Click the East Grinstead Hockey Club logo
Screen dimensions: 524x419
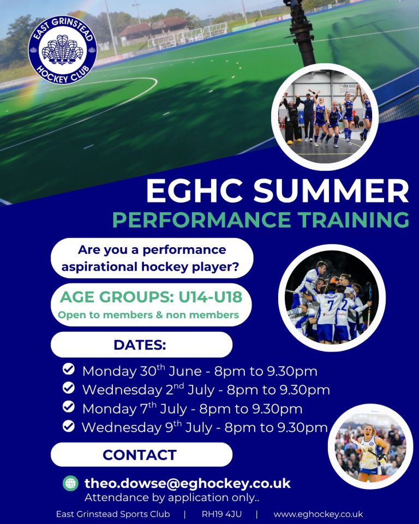63,50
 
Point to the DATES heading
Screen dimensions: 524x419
140,345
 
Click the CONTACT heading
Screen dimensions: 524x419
140,455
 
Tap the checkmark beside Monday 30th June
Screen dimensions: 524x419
69,370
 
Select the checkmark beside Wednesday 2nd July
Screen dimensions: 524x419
69,388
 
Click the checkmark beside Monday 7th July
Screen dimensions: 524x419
69,407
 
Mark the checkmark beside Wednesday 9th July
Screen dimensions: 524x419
69,426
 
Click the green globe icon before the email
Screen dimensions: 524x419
70,483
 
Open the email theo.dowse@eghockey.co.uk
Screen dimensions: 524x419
188,483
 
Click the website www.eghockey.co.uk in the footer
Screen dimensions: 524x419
318,514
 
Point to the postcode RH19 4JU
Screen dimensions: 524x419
222,514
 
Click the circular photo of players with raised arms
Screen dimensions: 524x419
325,116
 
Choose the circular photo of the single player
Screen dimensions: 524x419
370,446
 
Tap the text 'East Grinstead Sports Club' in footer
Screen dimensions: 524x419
113,514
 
